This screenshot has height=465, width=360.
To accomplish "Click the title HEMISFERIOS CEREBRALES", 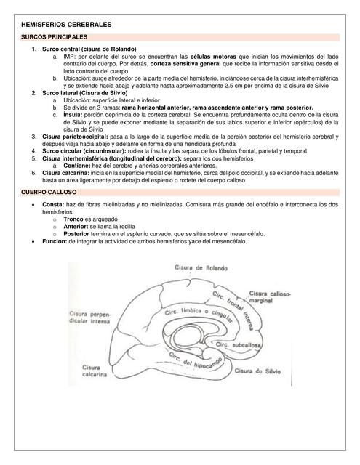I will [68, 25].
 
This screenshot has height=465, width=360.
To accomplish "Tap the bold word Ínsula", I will [71, 115].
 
